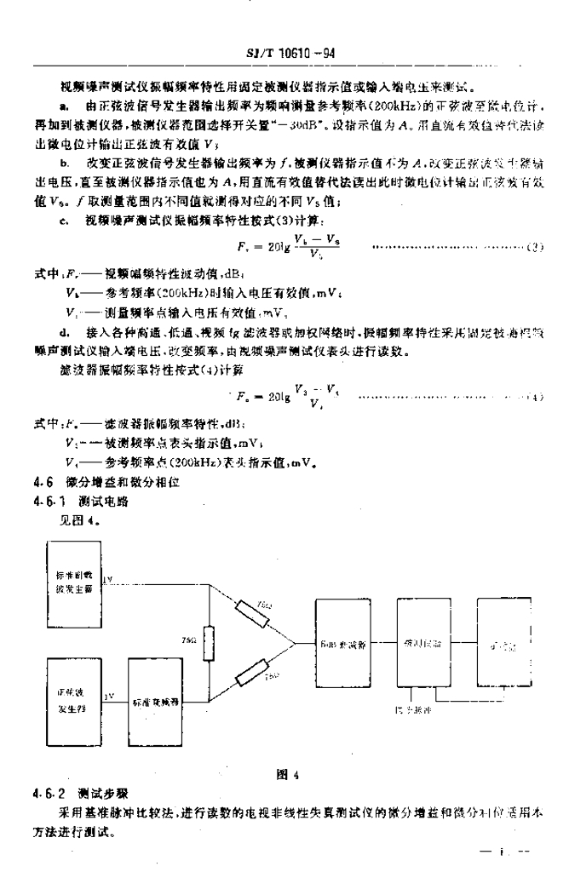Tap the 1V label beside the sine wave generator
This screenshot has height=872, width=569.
pos(108,696)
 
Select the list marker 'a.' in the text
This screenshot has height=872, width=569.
pos(65,104)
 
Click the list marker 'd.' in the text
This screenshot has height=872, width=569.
pos(65,327)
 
